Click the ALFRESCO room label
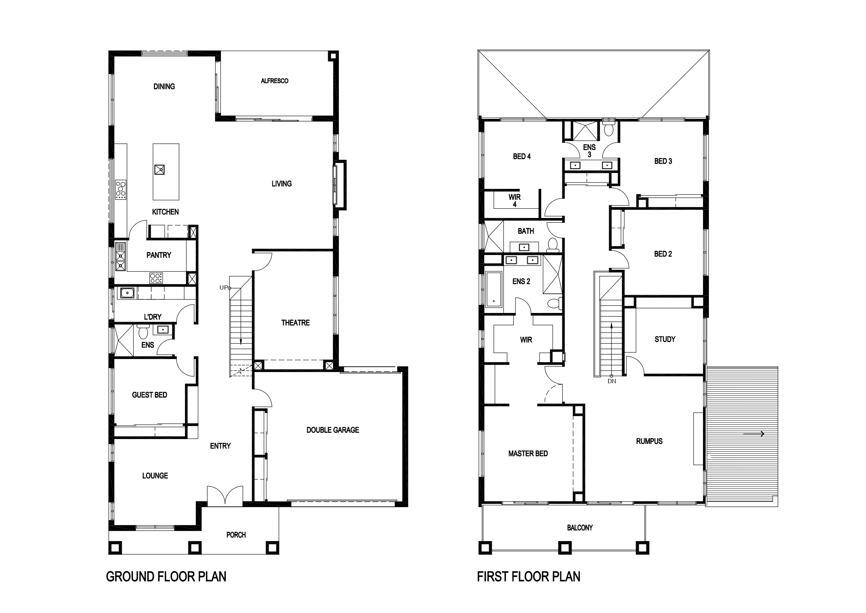274,81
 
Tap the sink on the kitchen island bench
160,170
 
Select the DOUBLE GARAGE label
333,430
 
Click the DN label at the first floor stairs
612,381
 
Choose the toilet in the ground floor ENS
143,332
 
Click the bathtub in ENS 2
494,290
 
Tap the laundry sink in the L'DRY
127,293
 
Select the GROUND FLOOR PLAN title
166,577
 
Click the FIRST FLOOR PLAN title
528,577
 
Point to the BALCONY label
580,528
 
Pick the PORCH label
236,535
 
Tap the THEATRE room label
295,323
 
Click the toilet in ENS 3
608,128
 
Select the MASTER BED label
528,454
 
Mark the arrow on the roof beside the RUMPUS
754,434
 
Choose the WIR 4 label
515,200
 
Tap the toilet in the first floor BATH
553,245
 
